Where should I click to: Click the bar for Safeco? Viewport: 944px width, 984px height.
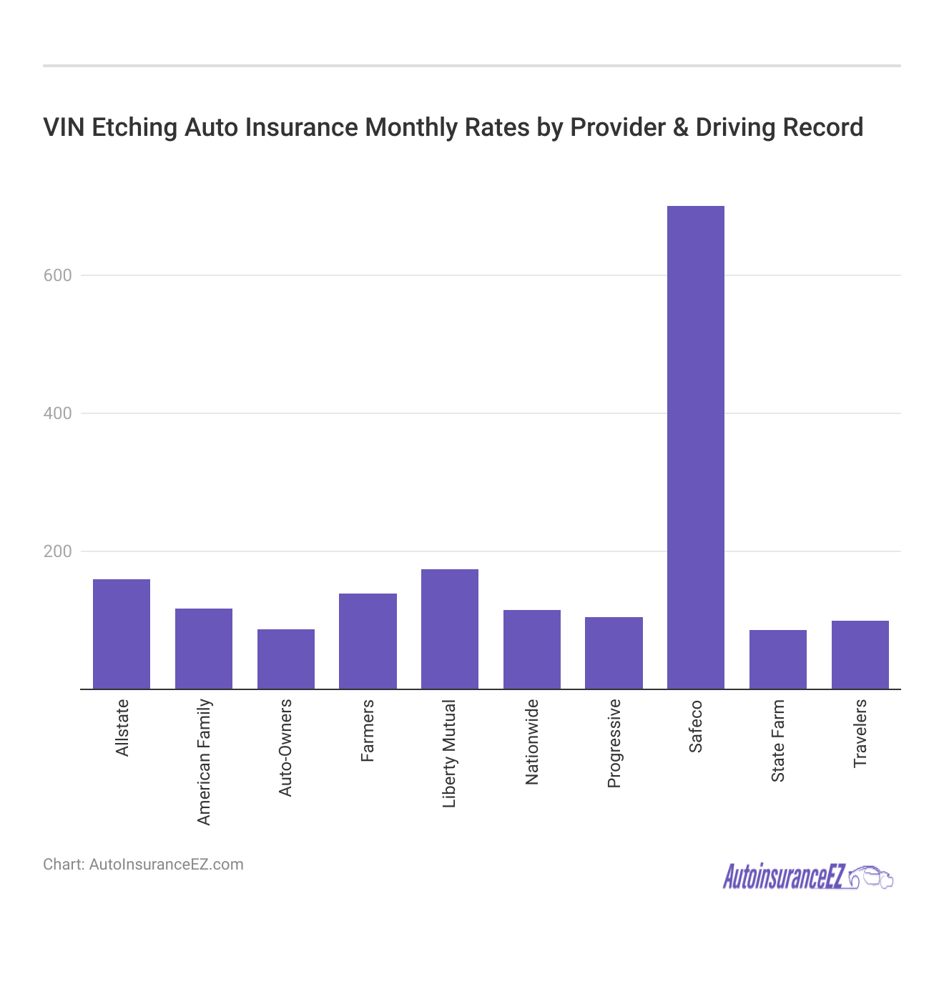pyautogui.click(x=695, y=447)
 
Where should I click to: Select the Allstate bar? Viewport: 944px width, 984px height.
pyautogui.click(x=122, y=634)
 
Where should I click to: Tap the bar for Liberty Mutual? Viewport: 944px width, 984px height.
pyautogui.click(x=449, y=629)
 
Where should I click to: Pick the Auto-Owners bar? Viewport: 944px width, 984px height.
pyautogui.click(x=285, y=659)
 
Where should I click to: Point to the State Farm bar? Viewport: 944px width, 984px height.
pyautogui.click(x=777, y=659)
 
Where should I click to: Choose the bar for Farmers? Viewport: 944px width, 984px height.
pyautogui.click(x=368, y=641)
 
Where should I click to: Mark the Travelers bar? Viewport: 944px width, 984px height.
pyautogui.click(x=860, y=654)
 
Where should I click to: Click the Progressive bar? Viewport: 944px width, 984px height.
pyautogui.click(x=614, y=653)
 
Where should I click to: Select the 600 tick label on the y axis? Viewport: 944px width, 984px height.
pyautogui.click(x=58, y=275)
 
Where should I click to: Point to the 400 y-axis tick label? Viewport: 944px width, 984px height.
pyautogui.click(x=58, y=413)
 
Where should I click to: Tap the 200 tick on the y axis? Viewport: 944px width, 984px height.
pyautogui.click(x=58, y=551)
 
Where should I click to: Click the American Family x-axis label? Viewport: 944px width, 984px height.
pyautogui.click(x=204, y=762)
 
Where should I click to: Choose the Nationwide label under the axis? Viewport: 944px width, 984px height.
pyautogui.click(x=531, y=742)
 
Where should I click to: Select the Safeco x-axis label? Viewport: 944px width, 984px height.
pyautogui.click(x=695, y=727)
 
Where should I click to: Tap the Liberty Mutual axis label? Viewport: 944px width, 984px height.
pyautogui.click(x=449, y=754)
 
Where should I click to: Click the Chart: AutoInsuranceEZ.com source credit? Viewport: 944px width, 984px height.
pyautogui.click(x=143, y=865)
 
